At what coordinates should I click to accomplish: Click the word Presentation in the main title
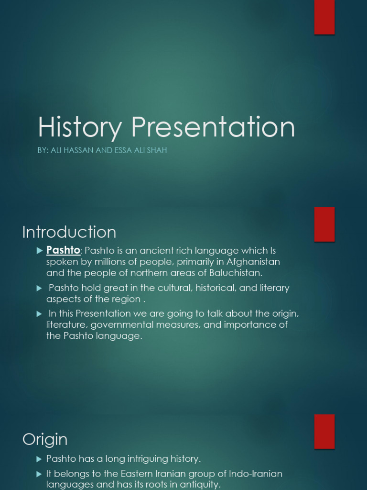(213, 128)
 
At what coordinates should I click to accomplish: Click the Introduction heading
(69, 232)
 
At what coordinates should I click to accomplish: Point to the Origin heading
(45, 439)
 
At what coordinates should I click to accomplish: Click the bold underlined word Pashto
(63, 250)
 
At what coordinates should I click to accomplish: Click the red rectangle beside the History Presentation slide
(324, 17)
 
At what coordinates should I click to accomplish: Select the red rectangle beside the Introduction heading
(324, 224)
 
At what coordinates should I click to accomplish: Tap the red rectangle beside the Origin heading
(324, 431)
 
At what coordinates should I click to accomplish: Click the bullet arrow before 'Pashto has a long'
(39, 459)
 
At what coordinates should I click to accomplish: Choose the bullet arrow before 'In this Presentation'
(39, 313)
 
